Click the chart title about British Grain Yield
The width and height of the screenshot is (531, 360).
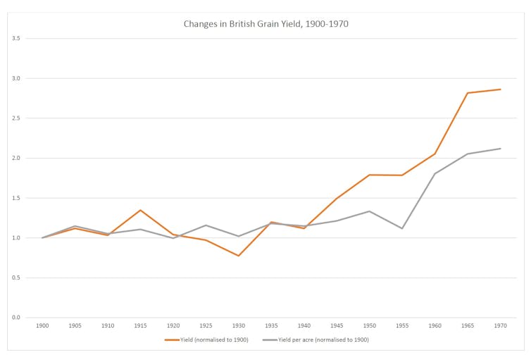(265, 24)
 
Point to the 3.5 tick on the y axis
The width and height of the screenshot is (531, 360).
(16, 38)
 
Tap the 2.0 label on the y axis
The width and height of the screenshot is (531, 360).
(16, 158)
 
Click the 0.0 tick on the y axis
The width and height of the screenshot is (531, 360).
(16, 318)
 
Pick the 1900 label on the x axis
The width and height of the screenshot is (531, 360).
(42, 326)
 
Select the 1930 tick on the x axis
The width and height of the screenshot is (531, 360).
(239, 326)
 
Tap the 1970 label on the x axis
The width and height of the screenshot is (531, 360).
(500, 326)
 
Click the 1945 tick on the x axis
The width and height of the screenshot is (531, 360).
(337, 326)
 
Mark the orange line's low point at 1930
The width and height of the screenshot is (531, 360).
(239, 256)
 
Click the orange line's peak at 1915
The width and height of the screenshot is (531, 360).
(140, 210)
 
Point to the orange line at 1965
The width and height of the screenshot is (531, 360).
(468, 93)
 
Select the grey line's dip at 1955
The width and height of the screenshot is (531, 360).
(402, 228)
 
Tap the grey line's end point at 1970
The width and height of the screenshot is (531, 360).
(500, 149)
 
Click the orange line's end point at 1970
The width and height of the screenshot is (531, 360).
(500, 89)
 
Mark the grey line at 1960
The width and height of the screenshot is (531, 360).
(435, 173)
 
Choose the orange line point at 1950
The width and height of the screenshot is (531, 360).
(369, 175)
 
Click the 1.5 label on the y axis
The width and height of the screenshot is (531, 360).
(16, 198)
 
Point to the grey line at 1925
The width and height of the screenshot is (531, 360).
(206, 225)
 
